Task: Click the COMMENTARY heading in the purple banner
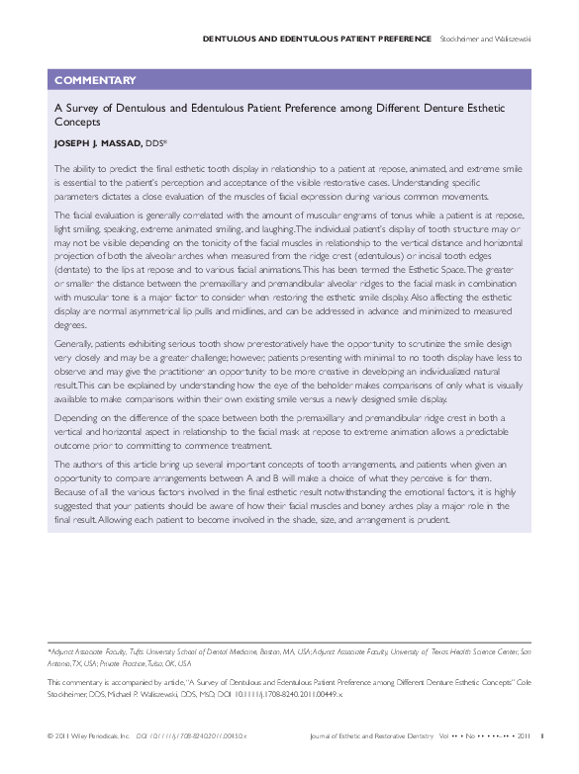click(95, 80)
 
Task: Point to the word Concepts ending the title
click(77, 123)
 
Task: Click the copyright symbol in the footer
click(50, 734)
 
